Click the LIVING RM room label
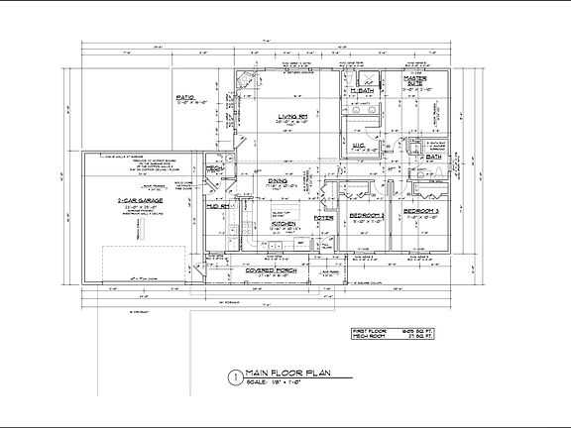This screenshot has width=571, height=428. coord(291,117)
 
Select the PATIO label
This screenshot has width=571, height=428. coord(185,97)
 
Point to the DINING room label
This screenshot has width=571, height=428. coord(277,181)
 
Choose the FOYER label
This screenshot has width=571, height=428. coord(323,217)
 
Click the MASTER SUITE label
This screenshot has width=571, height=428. coord(415,79)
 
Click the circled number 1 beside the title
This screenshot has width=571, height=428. coord(234,376)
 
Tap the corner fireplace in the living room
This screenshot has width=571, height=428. coord(247,83)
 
